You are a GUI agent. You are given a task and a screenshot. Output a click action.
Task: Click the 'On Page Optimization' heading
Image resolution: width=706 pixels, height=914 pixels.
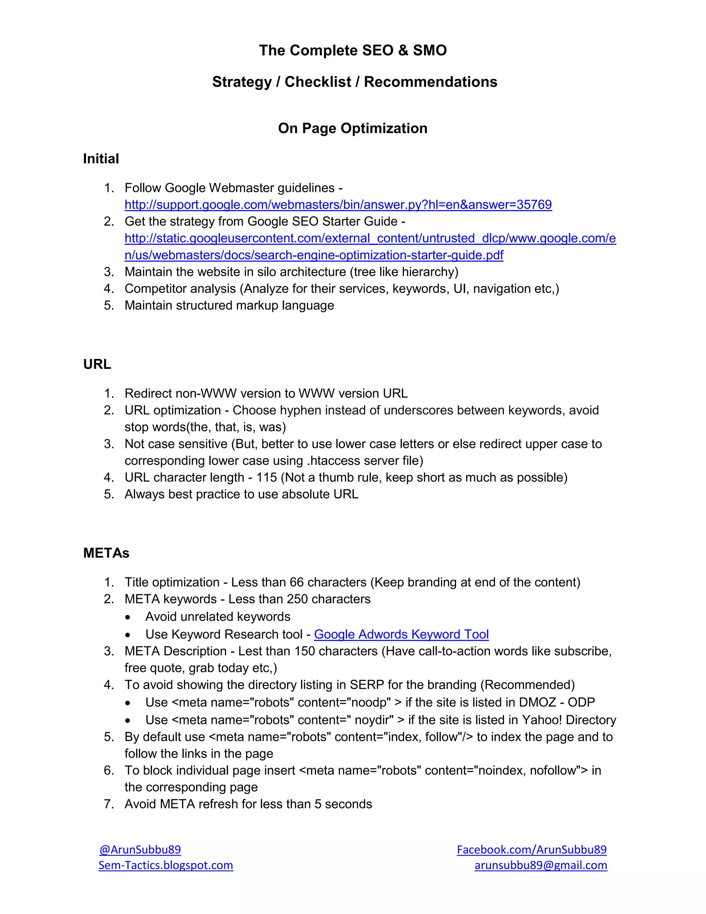point(353,128)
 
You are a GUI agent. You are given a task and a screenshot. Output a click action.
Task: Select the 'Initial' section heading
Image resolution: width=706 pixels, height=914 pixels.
point(101,159)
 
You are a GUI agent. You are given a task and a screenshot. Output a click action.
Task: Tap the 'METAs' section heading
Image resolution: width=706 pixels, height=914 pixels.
point(106,553)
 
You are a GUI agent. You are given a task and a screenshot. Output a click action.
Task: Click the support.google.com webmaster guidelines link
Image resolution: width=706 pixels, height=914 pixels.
point(338,205)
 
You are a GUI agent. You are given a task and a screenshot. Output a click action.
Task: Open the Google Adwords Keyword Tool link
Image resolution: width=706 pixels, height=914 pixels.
point(401,634)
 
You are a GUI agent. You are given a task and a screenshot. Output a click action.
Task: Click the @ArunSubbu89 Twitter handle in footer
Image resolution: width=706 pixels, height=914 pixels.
point(140,849)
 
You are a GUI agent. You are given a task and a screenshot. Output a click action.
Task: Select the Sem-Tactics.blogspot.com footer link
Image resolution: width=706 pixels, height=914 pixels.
point(165,865)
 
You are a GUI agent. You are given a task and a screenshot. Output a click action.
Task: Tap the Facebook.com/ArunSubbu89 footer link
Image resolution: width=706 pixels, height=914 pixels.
point(532,849)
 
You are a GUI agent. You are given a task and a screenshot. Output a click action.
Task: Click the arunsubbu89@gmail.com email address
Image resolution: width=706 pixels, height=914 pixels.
point(541,865)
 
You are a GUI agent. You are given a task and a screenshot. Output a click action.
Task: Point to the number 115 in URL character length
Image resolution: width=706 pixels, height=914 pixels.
point(266,477)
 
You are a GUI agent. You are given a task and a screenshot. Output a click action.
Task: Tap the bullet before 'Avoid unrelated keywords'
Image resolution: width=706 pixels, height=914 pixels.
point(128,617)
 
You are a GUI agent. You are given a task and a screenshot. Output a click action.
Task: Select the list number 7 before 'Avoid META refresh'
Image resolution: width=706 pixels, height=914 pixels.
point(108,804)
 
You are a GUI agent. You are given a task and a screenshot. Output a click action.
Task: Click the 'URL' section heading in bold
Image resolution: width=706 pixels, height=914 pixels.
point(97,364)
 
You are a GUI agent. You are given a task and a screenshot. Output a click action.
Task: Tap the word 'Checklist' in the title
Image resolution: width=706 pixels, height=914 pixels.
point(317,82)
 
